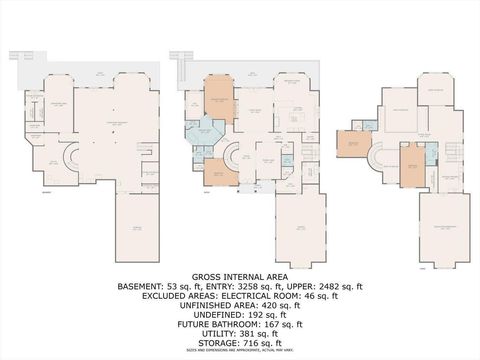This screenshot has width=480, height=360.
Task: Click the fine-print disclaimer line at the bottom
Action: click(x=239, y=352)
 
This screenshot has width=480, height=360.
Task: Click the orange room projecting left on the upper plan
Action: click(x=352, y=145)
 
